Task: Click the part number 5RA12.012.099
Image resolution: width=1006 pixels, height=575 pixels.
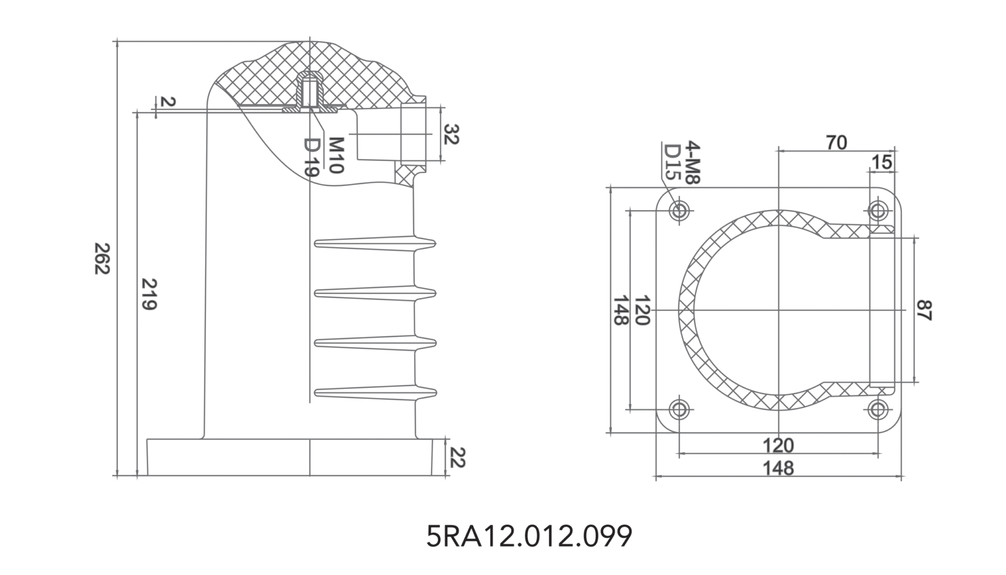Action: (529, 536)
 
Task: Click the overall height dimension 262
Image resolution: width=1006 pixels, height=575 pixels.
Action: (102, 259)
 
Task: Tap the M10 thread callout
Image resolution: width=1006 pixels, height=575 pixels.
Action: (335, 155)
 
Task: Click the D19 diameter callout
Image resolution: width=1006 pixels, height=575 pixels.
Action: (312, 157)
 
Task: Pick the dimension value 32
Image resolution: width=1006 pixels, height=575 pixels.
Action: (451, 134)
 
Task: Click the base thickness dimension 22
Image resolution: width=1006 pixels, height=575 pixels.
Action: (457, 457)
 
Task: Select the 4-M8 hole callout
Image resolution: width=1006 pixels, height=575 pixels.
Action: (692, 162)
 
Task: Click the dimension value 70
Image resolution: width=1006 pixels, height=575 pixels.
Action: (836, 143)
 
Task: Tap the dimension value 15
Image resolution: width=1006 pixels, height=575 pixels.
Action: (881, 162)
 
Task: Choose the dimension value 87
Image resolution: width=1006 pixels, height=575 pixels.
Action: (924, 310)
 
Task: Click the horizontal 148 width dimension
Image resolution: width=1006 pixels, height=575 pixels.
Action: (778, 468)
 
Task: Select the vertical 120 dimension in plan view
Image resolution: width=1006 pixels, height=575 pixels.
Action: (643, 310)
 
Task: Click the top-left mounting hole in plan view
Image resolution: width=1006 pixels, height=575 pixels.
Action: (679, 211)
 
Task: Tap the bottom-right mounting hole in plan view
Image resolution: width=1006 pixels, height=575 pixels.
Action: (878, 409)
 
